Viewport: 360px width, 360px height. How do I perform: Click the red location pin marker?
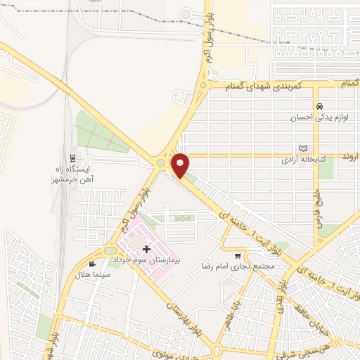coord(181,165)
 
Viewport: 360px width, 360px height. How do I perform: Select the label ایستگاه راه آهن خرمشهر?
coord(79,174)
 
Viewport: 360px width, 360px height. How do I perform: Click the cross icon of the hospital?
coord(146,249)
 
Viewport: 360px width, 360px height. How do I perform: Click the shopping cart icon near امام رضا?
coord(238,256)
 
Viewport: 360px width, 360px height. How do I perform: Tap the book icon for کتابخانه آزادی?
coord(304,148)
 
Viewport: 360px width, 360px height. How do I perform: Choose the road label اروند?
coord(349,154)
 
